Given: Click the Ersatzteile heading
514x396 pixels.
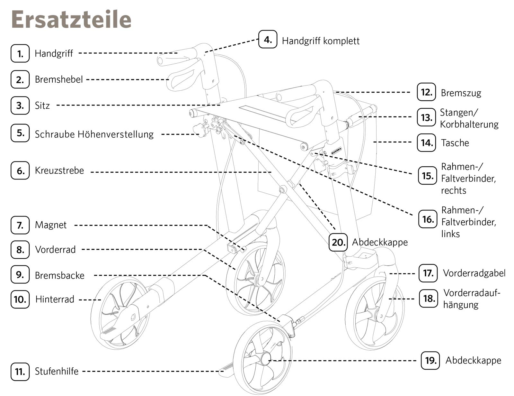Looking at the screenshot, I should click(x=71, y=19).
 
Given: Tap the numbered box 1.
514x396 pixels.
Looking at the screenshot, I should click(x=20, y=53).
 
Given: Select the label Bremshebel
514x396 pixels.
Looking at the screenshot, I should click(x=59, y=79).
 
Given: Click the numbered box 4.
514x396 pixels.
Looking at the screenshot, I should click(x=268, y=40).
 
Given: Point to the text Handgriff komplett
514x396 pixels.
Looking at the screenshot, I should click(x=320, y=41).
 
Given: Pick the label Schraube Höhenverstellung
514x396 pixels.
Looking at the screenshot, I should click(x=94, y=134).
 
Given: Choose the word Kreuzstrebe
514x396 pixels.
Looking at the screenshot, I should click(x=59, y=170).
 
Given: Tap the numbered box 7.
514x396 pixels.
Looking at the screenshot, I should click(x=20, y=225).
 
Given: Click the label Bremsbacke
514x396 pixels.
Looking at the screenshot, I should click(x=60, y=275).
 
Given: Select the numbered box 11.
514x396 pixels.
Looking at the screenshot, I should click(x=20, y=372).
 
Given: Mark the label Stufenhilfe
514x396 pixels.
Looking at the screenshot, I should click(x=57, y=371).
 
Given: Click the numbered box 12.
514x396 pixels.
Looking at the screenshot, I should click(x=426, y=92).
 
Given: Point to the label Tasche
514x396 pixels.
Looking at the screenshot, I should click(x=455, y=143).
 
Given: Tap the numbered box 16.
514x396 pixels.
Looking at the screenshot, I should click(x=428, y=219).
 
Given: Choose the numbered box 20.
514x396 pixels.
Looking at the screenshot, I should click(x=338, y=242).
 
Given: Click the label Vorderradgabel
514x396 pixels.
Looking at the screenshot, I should click(x=474, y=273).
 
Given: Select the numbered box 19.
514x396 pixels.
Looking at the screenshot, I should click(x=430, y=360).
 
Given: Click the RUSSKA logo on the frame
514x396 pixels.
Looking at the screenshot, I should click(x=336, y=151).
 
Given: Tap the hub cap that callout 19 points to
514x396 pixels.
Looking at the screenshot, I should click(x=266, y=358).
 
